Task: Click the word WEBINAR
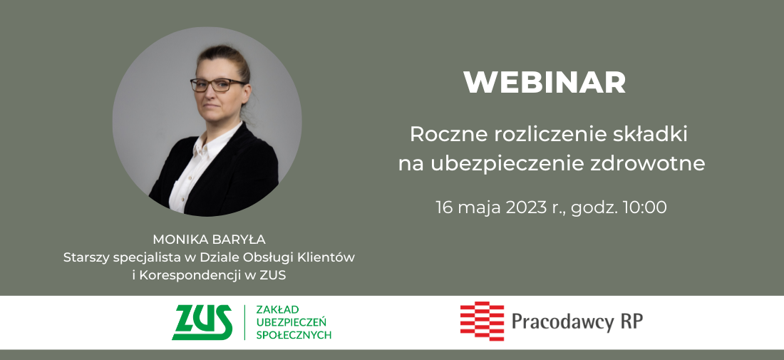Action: tap(545, 83)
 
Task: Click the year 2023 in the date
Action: tap(527, 207)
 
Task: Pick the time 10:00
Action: tap(644, 207)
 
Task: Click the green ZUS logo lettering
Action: tap(202, 322)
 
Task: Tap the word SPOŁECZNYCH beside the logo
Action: tap(294, 335)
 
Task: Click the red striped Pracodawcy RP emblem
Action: tap(482, 321)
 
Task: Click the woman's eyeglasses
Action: tap(218, 85)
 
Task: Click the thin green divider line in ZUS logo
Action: tap(244, 322)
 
